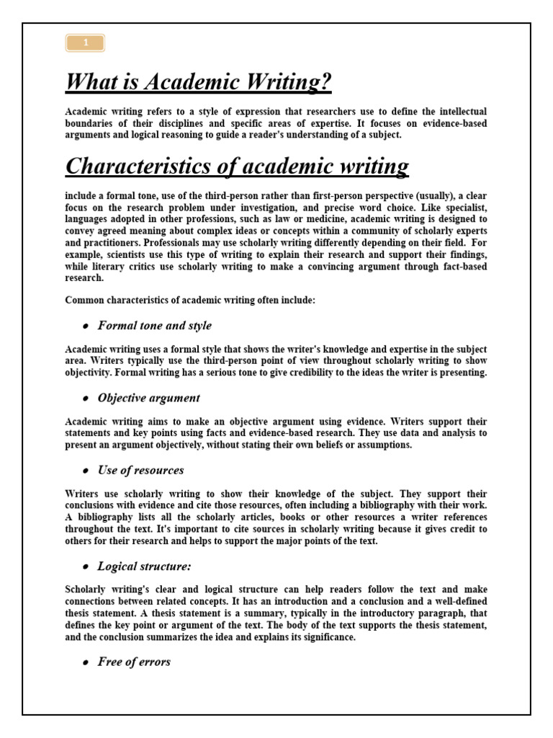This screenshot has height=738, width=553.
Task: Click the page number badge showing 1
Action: pyautogui.click(x=85, y=43)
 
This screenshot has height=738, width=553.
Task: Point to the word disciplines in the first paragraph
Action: pyautogui.click(x=161, y=123)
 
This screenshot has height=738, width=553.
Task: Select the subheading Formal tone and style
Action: pyautogui.click(x=155, y=326)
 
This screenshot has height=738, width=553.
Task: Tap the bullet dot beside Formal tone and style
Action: pyautogui.click(x=85, y=326)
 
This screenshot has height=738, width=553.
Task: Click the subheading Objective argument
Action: pyautogui.click(x=149, y=398)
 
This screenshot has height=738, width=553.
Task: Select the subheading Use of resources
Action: pyautogui.click(x=140, y=470)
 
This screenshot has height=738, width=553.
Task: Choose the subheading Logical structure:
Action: pyautogui.click(x=145, y=566)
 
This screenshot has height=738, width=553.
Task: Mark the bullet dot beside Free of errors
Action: pyautogui.click(x=85, y=662)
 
